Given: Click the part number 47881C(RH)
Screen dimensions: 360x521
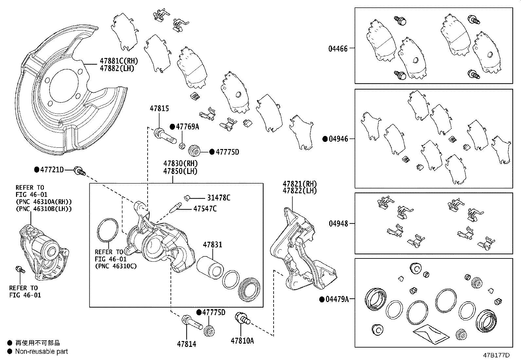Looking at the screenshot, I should pos(119,61).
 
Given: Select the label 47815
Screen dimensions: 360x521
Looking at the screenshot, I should pos(159,108).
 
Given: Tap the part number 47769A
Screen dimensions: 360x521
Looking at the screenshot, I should pos(187,127).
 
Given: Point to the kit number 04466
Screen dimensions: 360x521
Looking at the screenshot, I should pos(338,49).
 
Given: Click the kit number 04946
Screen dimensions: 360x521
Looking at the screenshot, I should pos(338,139).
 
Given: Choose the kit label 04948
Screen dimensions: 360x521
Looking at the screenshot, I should pos(338,224).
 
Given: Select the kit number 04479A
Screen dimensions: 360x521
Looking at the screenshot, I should pos(337,299).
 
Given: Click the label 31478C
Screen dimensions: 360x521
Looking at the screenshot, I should pos(219,198).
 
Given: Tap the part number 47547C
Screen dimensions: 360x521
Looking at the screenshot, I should pos(205,209).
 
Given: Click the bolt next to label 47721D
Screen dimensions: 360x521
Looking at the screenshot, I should pos(79,171).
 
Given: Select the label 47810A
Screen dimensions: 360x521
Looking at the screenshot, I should pos(242,341).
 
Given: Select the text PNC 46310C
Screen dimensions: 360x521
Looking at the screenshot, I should pos(116,266).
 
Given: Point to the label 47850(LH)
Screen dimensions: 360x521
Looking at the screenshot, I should pos(181,171).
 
